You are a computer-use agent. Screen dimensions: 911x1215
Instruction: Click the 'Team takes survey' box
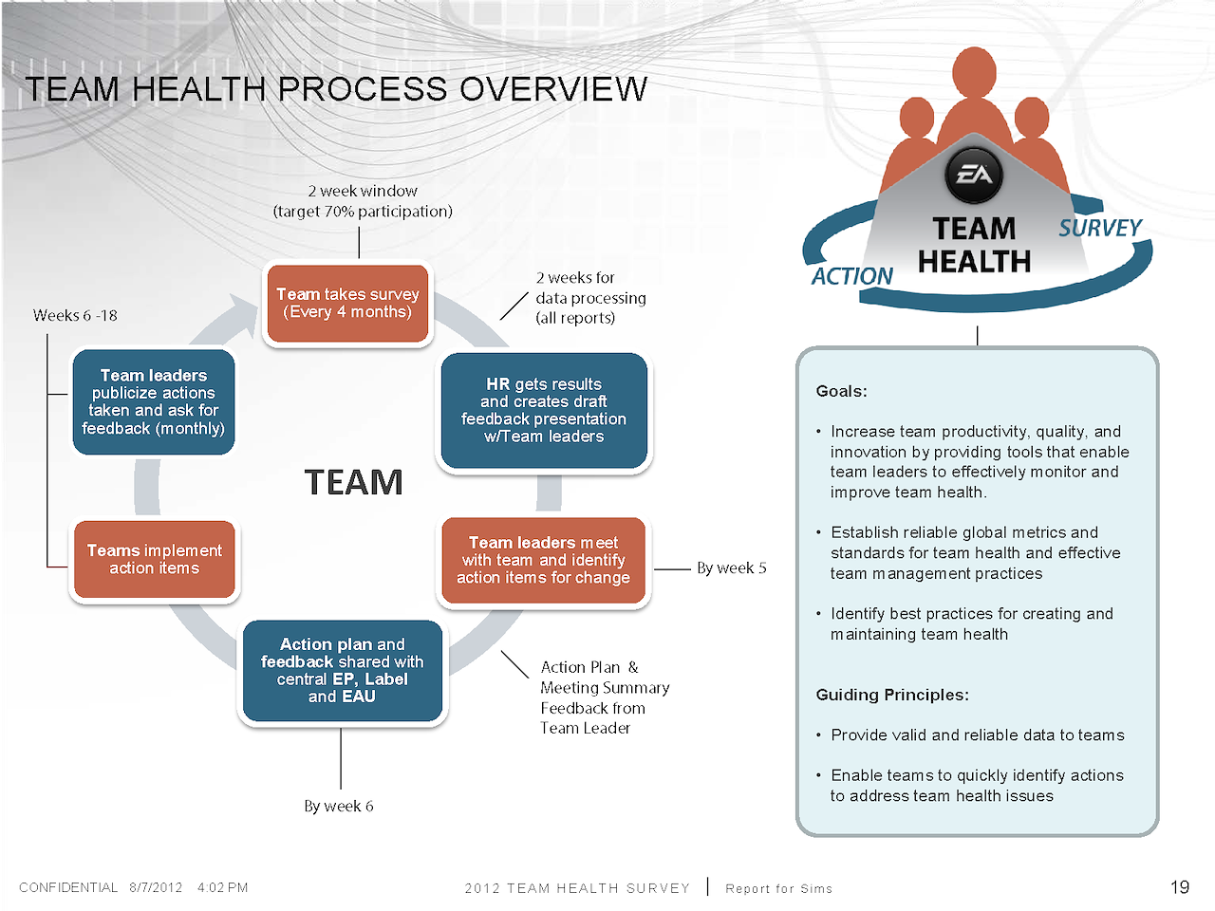click(347, 304)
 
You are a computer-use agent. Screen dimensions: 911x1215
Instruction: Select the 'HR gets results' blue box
click(544, 410)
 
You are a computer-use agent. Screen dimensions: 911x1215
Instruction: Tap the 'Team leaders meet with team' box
click(543, 560)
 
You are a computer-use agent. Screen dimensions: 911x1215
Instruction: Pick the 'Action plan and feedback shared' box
click(343, 670)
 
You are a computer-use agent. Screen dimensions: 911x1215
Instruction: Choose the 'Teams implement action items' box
click(155, 559)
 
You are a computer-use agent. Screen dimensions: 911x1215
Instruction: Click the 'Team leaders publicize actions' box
click(154, 401)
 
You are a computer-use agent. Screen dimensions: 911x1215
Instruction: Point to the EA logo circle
click(974, 175)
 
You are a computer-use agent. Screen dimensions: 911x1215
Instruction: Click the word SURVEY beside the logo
click(1100, 229)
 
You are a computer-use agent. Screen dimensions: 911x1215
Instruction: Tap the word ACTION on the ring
click(851, 276)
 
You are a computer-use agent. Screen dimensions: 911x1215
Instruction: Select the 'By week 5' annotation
click(731, 568)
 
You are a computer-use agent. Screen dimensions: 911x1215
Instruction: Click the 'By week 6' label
click(339, 807)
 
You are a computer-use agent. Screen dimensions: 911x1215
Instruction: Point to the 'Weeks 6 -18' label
click(75, 316)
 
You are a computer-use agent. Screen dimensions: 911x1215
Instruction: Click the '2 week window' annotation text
click(363, 192)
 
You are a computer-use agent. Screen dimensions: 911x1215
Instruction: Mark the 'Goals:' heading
click(841, 391)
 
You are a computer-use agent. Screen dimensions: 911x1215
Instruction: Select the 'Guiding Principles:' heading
click(892, 695)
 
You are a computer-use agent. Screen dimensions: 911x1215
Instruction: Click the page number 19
click(1179, 887)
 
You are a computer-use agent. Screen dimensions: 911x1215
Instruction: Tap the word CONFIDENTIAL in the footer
click(68, 887)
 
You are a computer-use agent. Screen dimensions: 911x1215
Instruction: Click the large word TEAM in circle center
click(353, 482)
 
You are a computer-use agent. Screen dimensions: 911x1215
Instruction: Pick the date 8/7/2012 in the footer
click(156, 887)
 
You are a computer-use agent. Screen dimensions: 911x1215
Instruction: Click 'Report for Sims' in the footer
click(778, 888)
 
